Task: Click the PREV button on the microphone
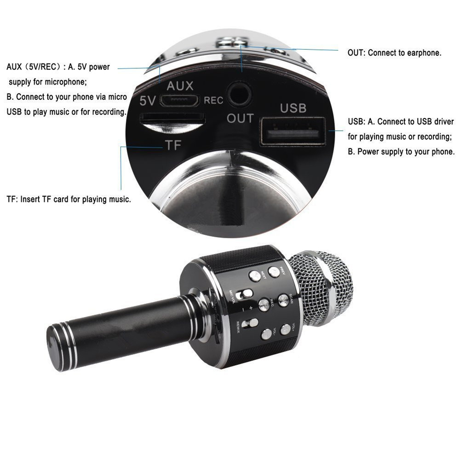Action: [x=275, y=272]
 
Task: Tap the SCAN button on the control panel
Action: [x=284, y=300]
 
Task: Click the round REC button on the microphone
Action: [x=264, y=304]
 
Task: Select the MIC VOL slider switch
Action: [x=247, y=293]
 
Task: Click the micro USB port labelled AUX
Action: [x=183, y=100]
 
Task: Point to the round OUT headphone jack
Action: [x=240, y=95]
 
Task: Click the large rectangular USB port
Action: [x=293, y=132]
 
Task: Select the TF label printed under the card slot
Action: [x=173, y=146]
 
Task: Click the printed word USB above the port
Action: [x=293, y=108]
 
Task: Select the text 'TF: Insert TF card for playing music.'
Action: [x=69, y=200]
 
